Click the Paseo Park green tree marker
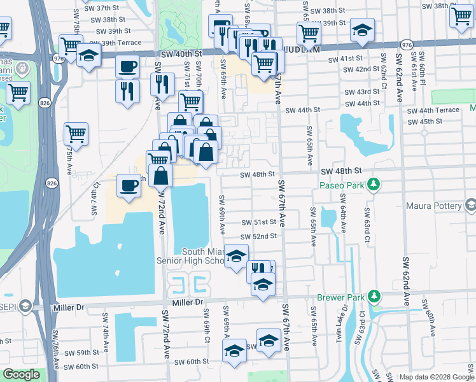(375, 185)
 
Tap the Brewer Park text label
(342, 297)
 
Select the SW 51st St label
(259, 222)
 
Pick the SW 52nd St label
(259, 236)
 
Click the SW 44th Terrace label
(433, 110)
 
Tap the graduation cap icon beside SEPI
(24, 307)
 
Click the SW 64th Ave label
(343, 219)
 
